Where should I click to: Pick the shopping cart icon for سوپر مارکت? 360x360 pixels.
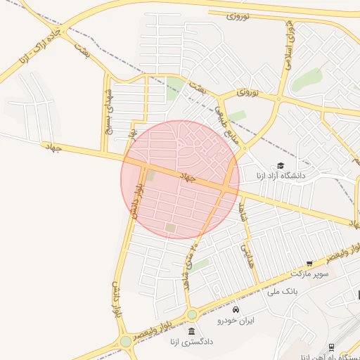tap(309, 263)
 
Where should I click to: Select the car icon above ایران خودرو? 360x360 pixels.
tap(236, 310)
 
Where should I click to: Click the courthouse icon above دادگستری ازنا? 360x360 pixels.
tap(191, 331)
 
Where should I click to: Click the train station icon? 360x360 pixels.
tap(331, 347)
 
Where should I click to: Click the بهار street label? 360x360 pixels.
tap(131, 133)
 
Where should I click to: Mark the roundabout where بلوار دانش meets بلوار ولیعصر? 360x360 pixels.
tap(126, 341)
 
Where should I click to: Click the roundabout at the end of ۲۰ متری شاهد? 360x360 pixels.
tap(192, 314)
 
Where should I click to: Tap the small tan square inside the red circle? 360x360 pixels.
tap(170, 228)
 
